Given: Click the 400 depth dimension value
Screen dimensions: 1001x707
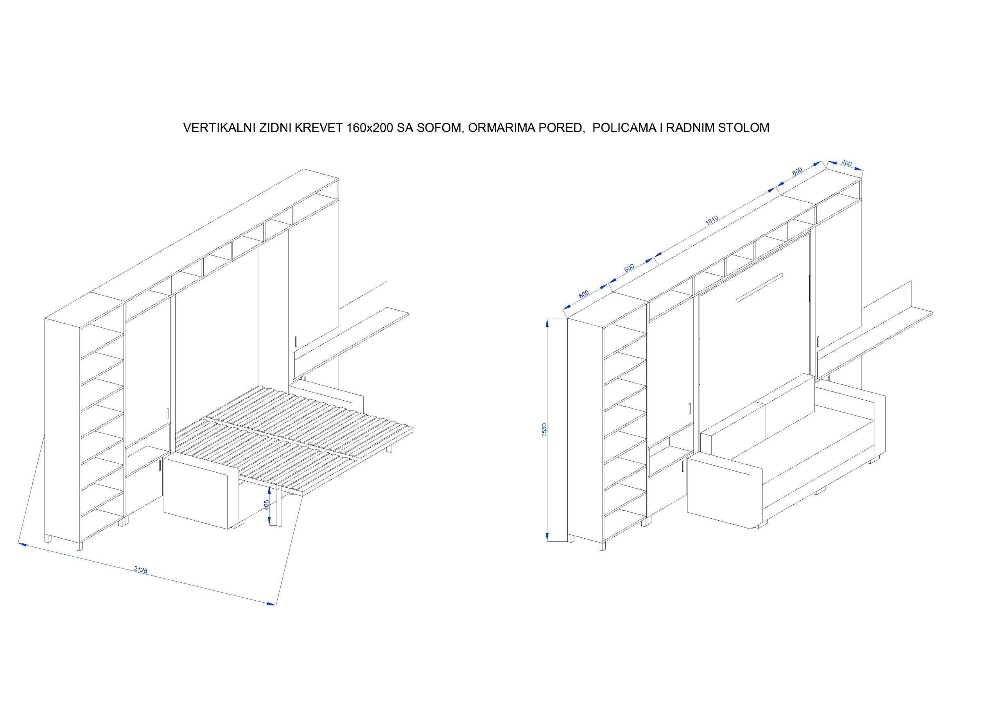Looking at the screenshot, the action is click(846, 163).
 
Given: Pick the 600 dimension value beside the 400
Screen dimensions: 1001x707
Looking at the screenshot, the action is click(796, 171).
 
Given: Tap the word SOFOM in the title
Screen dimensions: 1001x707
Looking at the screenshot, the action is click(439, 128).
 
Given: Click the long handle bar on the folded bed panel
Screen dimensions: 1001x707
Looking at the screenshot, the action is click(759, 287).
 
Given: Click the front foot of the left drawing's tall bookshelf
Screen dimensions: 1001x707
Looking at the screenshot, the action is click(79, 546).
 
